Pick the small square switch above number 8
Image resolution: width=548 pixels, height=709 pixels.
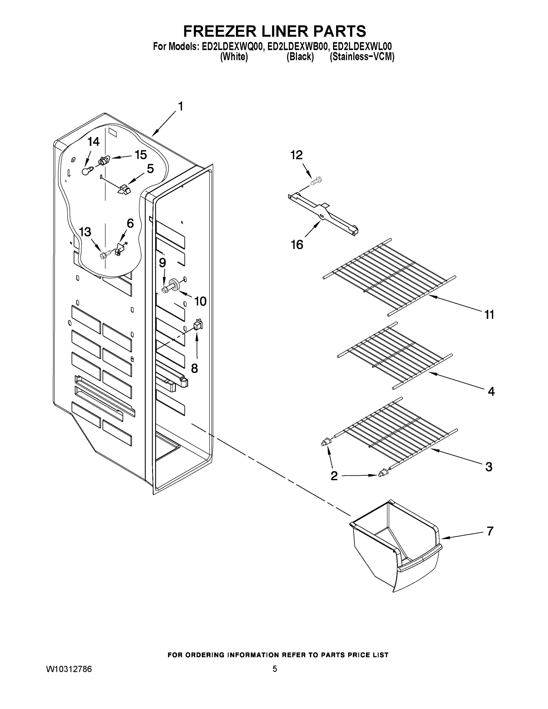[198, 324]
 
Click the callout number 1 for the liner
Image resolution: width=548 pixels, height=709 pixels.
[180, 106]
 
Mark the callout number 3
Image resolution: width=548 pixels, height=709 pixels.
[489, 467]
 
